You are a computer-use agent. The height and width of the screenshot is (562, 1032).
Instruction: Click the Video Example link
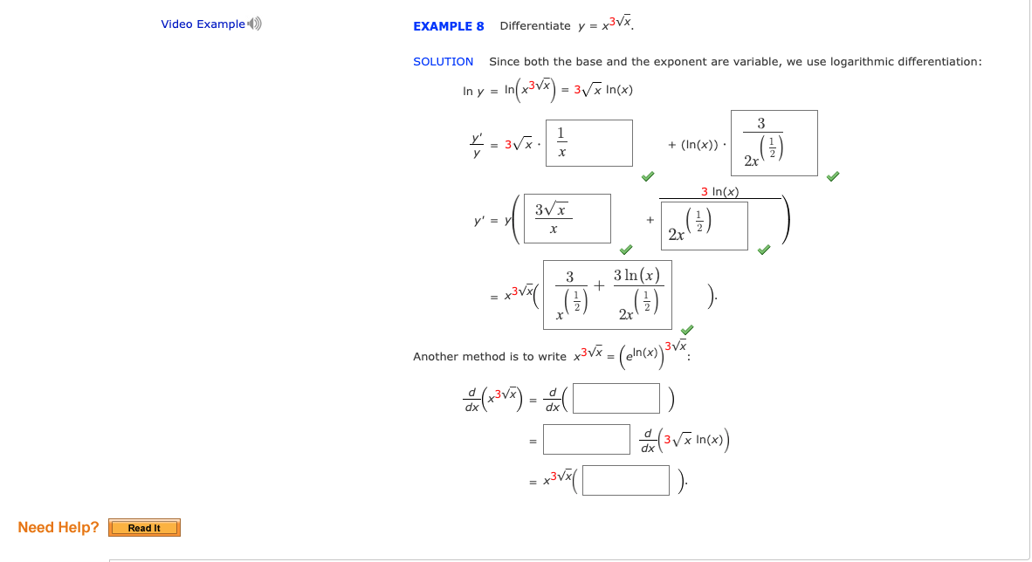coord(203,24)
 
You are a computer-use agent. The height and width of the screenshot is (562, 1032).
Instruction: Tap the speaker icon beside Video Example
coord(254,24)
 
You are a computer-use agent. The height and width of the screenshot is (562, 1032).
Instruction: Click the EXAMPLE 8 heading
coord(448,26)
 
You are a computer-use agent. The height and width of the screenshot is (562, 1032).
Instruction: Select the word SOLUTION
coord(443,62)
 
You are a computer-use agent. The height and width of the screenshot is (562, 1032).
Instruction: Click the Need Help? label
coord(58,527)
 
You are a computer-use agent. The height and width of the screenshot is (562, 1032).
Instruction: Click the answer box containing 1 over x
coord(589,143)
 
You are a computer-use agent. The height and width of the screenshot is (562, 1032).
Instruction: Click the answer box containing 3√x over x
coord(568,218)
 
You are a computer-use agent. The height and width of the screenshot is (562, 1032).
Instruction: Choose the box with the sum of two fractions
coord(608,295)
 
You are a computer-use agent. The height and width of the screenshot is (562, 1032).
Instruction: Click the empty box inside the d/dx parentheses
coord(616,398)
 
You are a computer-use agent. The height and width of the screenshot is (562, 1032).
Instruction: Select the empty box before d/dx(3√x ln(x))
coord(587,440)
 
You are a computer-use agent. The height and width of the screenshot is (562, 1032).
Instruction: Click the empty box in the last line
coord(626,480)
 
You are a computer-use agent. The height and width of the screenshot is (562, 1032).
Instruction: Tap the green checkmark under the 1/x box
coord(647,176)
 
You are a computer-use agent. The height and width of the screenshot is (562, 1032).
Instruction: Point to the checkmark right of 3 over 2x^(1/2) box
coord(833,176)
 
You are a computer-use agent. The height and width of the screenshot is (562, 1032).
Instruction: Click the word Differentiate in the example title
coord(534,26)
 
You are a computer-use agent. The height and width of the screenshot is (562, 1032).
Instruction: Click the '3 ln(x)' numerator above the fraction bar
coord(720,192)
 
